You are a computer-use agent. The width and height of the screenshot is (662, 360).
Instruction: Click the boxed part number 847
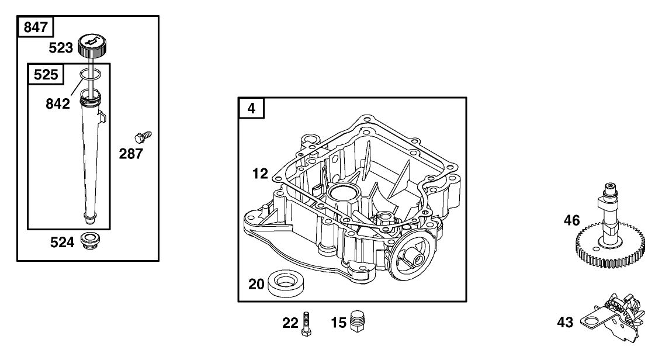(x=36, y=27)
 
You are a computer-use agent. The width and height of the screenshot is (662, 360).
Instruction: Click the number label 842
(x=58, y=103)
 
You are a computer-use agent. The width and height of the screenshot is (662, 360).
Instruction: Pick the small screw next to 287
(x=143, y=136)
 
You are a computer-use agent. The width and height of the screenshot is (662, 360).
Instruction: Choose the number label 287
(x=130, y=155)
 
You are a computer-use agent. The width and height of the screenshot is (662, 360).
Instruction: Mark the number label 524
(x=61, y=241)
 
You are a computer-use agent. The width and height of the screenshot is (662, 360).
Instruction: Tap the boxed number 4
(x=251, y=109)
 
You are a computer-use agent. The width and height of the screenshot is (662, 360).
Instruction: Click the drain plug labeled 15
(x=357, y=321)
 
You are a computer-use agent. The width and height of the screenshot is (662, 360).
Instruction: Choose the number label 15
(x=338, y=321)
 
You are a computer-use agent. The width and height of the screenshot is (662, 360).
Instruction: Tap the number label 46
(x=573, y=220)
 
